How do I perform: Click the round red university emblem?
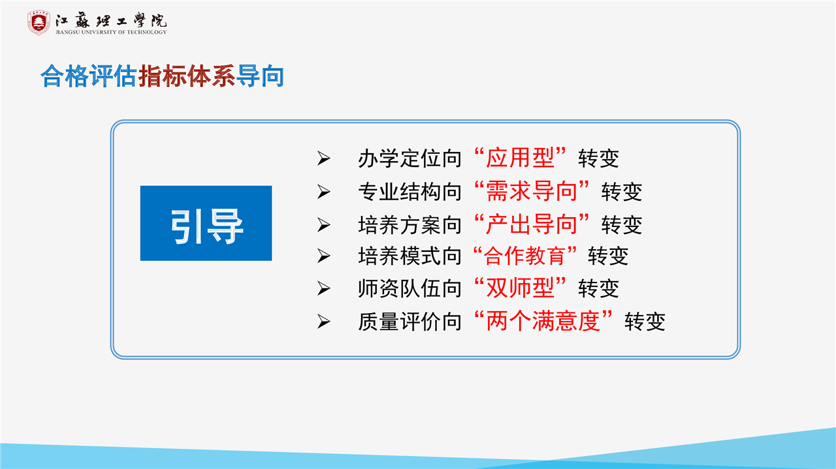coord(39,23)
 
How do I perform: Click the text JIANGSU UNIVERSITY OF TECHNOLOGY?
coord(111,33)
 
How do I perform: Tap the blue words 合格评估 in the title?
coord(89,76)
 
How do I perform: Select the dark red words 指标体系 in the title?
coord(187,76)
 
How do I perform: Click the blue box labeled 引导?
coord(206,223)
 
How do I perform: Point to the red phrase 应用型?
coord(520,158)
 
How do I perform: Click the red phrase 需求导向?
coord(532,191)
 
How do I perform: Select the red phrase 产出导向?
coord(532,224)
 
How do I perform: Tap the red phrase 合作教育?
coord(524,256)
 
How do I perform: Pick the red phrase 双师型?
coord(520,288)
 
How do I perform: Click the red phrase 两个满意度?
coord(543,321)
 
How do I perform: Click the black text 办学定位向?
coord(410,159)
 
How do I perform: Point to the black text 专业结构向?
coord(410,192)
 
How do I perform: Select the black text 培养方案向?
coord(410,225)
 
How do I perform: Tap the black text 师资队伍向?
coord(410,288)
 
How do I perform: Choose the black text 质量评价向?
coord(410,322)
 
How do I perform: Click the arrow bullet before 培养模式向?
coord(323,256)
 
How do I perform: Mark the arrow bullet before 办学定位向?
coord(323,159)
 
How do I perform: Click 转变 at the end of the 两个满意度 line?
coord(645,322)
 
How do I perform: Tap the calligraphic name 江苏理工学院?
coord(111,20)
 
